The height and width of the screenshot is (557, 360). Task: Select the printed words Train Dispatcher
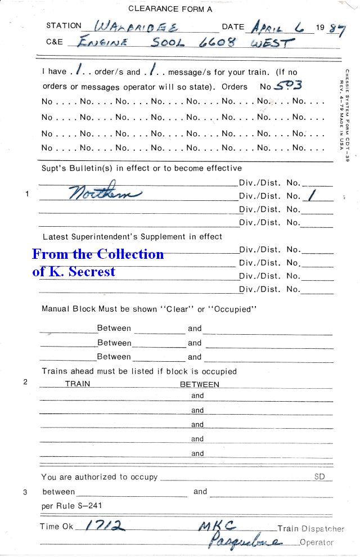(x=310, y=529)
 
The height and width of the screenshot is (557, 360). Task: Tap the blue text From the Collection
(x=98, y=254)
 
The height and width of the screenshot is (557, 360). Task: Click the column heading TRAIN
(x=78, y=384)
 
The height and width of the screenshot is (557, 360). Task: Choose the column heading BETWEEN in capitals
(x=199, y=384)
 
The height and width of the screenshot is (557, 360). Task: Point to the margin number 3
(x=25, y=492)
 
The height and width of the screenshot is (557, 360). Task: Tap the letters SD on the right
(x=319, y=477)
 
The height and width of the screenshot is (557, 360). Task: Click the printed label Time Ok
(x=57, y=527)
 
